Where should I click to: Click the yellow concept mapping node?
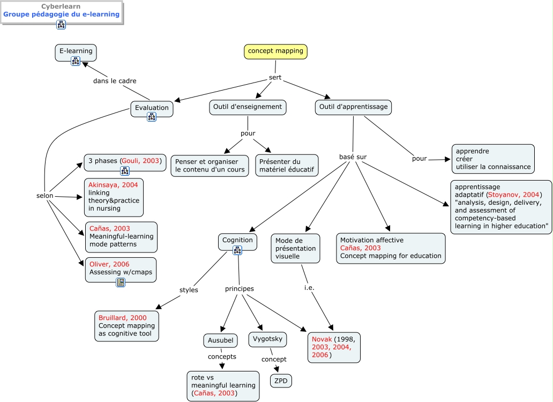point(275,51)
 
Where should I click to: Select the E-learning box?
point(76,51)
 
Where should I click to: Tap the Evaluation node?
point(152,108)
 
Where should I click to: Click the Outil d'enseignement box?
point(248,107)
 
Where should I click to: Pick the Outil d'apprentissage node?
point(353,107)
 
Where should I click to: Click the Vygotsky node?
point(267,339)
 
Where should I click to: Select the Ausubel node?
point(220,340)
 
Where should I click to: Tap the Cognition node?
point(237,241)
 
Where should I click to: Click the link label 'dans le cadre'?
point(115,81)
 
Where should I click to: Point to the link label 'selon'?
point(45,196)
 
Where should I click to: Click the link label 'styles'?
point(189,290)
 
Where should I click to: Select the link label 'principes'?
point(239,289)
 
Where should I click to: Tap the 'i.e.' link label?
point(309,287)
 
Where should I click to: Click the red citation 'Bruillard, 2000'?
point(122,318)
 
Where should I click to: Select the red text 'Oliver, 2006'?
point(109,264)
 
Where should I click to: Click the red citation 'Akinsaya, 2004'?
point(113,185)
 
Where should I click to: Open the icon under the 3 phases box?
point(125,171)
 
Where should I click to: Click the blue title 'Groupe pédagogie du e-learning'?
point(61,14)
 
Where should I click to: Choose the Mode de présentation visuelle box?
point(295,248)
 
